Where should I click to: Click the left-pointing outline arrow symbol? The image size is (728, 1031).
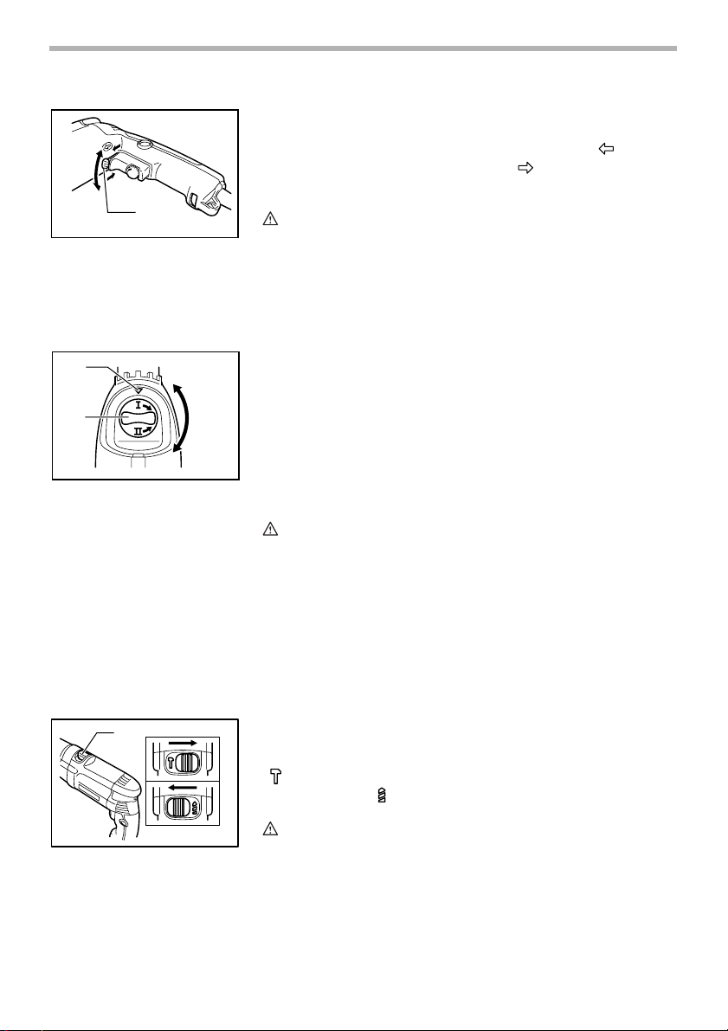tap(606, 150)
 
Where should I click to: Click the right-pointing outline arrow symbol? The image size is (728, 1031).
tap(525, 169)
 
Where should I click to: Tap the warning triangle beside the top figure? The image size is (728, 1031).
tap(270, 219)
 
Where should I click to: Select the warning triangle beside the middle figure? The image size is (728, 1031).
tap(270, 528)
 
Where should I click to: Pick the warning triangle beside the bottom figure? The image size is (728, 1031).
tap(270, 829)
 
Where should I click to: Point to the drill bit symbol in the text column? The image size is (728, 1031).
tap(382, 796)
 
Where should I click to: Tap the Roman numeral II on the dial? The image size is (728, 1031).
tap(139, 432)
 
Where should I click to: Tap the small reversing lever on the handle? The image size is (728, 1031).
tap(106, 158)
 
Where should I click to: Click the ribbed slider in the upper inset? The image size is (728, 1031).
tap(189, 764)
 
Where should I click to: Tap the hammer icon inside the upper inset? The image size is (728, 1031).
tap(171, 764)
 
